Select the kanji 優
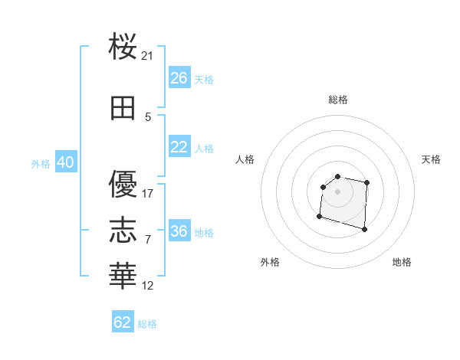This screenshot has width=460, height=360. coord(123,184)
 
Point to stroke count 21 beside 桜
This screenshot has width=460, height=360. coord(148,55)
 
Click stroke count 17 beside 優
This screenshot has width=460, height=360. coord(148,193)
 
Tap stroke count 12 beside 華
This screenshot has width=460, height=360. coord(148,286)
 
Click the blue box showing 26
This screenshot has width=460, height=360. coord(179,78)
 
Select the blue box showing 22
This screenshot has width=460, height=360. coord(179,147)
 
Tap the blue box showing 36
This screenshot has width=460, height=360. coord(179,231)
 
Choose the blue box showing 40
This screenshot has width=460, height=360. coord(65,163)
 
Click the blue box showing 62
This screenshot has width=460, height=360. coord(123,322)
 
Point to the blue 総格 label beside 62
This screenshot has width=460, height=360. coord(147,324)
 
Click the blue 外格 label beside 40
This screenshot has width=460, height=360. coord(41,164)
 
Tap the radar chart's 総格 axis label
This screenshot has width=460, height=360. coord(337,100)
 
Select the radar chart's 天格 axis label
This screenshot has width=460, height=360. coord(432,159)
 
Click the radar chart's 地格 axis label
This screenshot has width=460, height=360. coord(402,262)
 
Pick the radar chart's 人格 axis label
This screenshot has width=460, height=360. coord(245,159)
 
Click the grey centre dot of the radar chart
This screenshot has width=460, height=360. coord(337,191)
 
